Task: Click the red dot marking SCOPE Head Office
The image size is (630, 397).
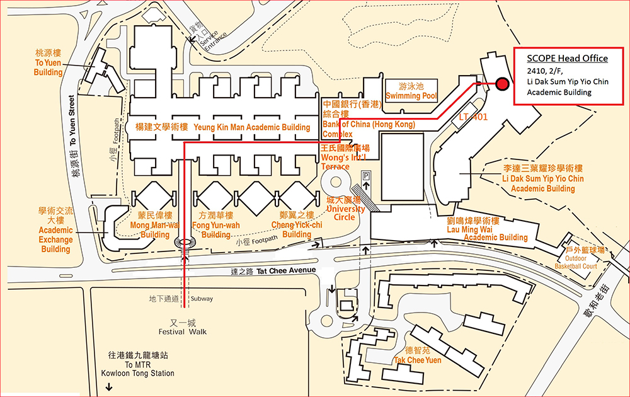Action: click(502, 84)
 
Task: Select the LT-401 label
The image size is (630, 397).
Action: click(474, 117)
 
